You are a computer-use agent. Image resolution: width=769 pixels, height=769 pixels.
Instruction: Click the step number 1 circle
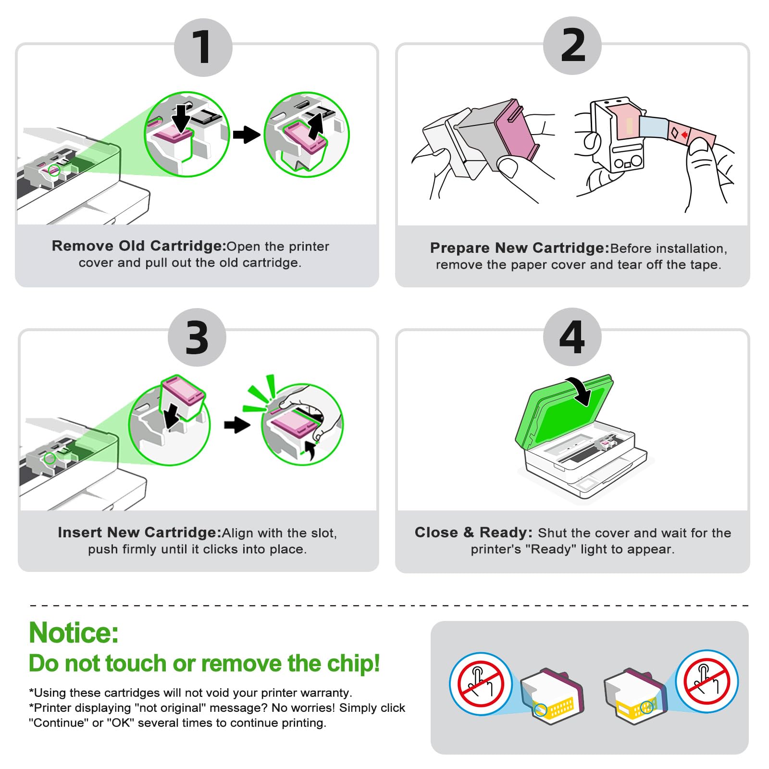point(203,47)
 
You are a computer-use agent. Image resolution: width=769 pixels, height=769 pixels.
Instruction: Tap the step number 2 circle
point(572,45)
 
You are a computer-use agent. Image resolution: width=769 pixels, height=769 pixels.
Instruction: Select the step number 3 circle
point(197,337)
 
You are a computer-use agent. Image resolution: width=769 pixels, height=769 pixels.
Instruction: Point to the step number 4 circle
point(572,336)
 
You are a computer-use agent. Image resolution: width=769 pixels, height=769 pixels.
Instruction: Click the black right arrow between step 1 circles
point(247,135)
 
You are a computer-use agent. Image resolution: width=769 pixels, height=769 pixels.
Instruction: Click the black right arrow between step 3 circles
point(237,424)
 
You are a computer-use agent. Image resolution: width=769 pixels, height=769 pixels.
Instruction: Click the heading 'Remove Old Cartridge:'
point(139,246)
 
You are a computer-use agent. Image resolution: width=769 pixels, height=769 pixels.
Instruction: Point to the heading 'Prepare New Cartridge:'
point(520,248)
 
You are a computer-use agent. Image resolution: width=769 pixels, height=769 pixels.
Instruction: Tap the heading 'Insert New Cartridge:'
point(139,532)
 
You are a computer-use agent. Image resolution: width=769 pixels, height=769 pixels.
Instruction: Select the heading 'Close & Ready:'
point(473,532)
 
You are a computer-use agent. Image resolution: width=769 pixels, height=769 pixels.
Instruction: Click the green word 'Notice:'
point(74,633)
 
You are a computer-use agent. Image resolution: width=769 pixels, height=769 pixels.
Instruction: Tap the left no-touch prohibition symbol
point(481,683)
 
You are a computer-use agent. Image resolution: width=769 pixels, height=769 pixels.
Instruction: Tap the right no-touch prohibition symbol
point(707,681)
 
